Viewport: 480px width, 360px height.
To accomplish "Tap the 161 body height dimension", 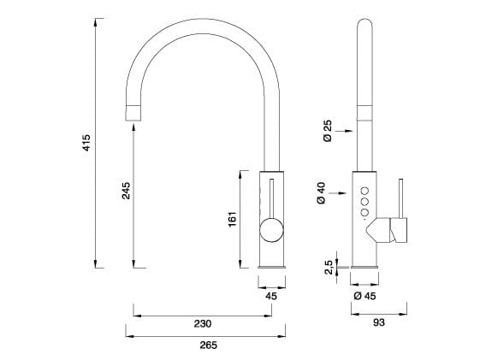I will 231,220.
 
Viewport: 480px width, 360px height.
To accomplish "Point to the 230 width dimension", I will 203,323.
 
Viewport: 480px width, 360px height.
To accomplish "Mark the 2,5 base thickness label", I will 328,269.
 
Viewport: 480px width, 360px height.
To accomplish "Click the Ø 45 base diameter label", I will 364,296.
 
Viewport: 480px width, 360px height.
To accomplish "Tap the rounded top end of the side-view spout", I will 364,24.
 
